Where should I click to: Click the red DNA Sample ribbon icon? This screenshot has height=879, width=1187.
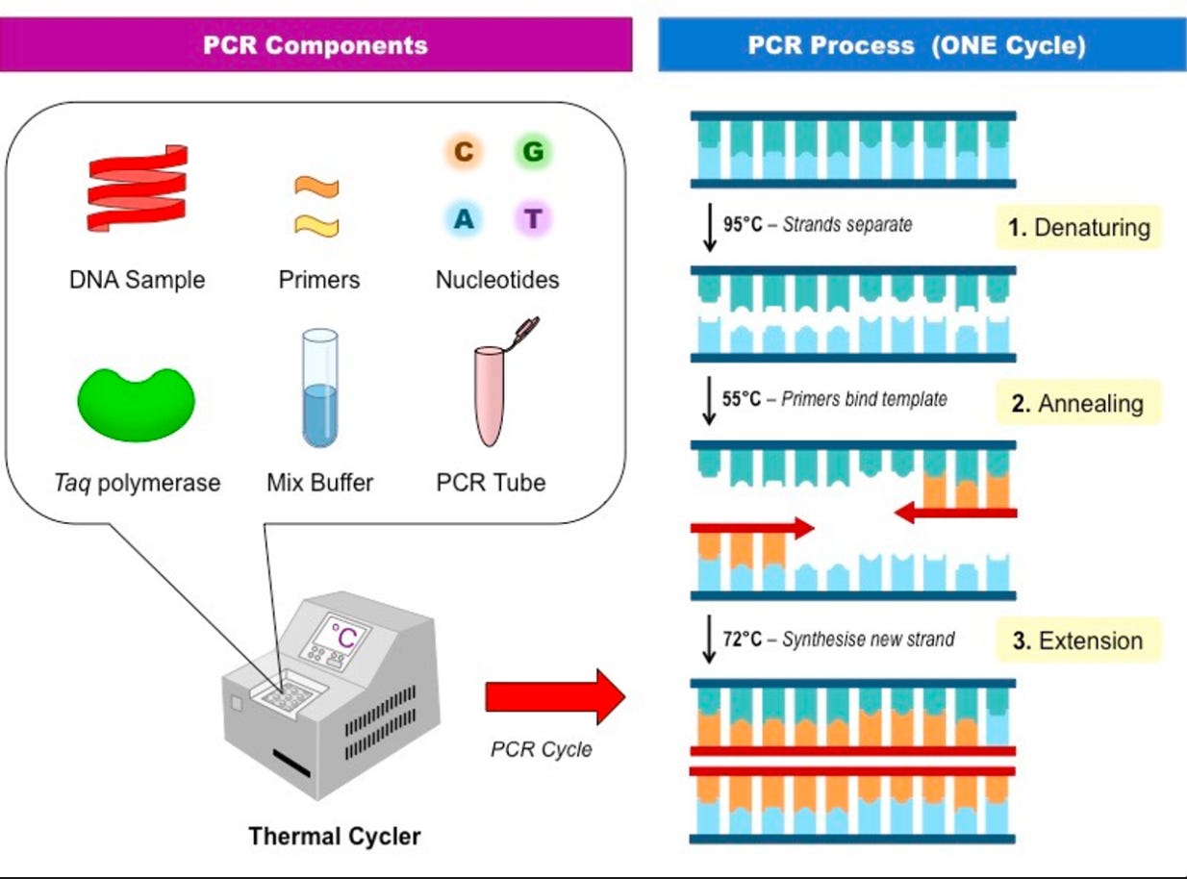point(137,188)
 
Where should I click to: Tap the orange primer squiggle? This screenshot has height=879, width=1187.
point(316,188)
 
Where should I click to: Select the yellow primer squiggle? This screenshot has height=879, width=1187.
point(316,225)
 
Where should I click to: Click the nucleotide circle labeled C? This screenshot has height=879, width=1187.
point(464,151)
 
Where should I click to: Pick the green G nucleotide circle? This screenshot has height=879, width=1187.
point(533,151)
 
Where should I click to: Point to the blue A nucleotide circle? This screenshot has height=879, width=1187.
point(464,219)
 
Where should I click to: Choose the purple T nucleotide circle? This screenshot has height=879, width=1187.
point(533,219)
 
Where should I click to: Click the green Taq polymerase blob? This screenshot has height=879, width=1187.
point(137,405)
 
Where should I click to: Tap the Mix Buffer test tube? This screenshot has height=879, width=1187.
point(320,388)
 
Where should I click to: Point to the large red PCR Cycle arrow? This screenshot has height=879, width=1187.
point(555,696)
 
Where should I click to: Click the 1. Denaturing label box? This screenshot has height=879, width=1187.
point(1079,227)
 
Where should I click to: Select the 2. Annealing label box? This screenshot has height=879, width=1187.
point(1078,403)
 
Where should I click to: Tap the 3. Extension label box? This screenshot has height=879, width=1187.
point(1078,640)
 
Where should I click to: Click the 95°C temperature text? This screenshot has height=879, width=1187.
point(743,224)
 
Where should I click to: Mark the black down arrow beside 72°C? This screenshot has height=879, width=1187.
point(709,640)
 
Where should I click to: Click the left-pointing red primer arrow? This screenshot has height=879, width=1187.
point(955,513)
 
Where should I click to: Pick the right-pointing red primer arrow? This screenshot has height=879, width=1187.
point(752,528)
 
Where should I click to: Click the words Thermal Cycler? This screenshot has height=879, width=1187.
point(335,836)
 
